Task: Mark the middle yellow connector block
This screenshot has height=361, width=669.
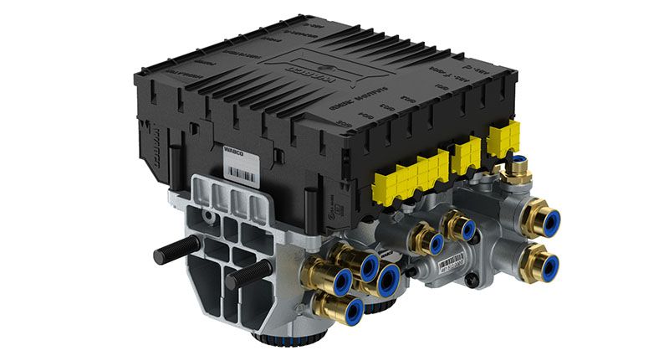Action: pyautogui.click(x=464, y=154)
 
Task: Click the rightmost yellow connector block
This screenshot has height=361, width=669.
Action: pyautogui.click(x=503, y=138)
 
